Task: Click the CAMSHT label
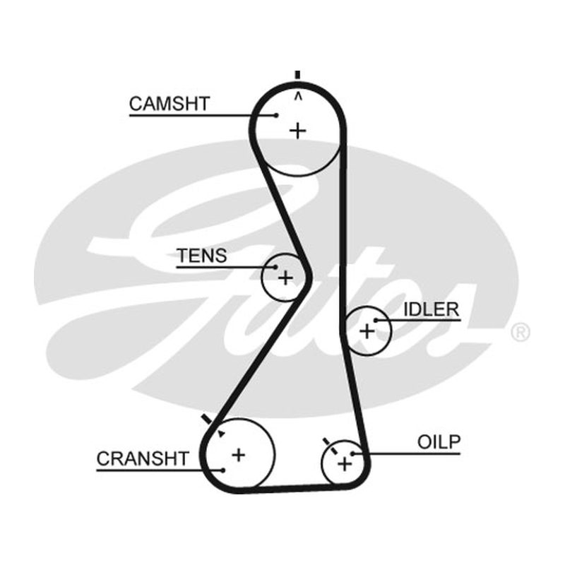tap(169, 104)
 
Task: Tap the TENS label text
tap(202, 256)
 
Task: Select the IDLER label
tap(432, 309)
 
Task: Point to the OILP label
tap(439, 442)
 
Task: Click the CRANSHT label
tap(143, 458)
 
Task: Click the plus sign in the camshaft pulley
tap(298, 131)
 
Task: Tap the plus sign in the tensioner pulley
tap(286, 278)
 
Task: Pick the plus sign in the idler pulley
tap(367, 331)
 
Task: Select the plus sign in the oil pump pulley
tap(345, 464)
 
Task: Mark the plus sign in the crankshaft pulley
tap(239, 455)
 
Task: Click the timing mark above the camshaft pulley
tap(297, 75)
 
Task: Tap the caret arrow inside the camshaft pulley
tap(298, 96)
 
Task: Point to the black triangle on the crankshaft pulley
tap(221, 434)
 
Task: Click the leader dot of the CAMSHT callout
tap(276, 115)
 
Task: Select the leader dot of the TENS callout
tap(275, 267)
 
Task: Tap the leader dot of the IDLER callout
tap(376, 320)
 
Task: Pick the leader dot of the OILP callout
tap(352, 453)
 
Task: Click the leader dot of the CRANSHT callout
tap(223, 470)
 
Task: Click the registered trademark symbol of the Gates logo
tap(521, 332)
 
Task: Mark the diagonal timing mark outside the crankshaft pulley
tap(207, 420)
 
